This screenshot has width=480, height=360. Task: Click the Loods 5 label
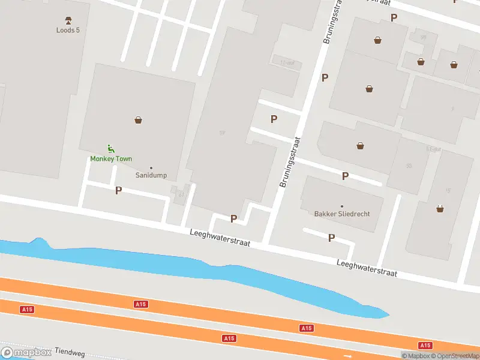(x=68, y=30)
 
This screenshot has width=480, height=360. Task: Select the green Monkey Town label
(x=111, y=159)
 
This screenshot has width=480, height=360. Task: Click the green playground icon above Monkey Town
(x=110, y=148)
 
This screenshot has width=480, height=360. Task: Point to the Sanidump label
(x=151, y=176)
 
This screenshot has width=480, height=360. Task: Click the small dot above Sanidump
(x=151, y=167)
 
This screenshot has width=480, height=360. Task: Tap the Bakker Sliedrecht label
(x=342, y=214)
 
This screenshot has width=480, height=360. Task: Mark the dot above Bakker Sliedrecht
(x=342, y=206)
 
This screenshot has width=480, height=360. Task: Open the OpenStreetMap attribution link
(x=455, y=356)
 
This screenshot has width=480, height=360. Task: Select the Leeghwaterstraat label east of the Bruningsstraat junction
(x=367, y=268)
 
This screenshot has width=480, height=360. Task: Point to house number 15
(x=448, y=190)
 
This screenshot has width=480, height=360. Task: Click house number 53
(x=409, y=166)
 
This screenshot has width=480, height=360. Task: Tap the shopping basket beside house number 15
(x=440, y=209)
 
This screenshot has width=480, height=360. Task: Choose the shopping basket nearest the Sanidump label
(x=139, y=120)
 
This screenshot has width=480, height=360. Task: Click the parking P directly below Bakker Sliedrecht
(x=331, y=238)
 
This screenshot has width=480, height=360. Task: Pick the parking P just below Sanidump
(x=118, y=190)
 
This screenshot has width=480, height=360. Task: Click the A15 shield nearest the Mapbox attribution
(x=425, y=345)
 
